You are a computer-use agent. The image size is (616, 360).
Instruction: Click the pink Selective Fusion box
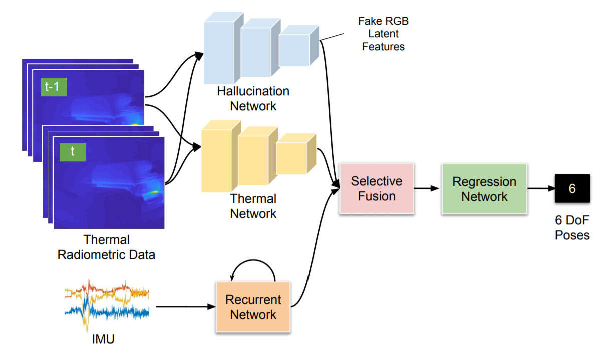coord(376,188)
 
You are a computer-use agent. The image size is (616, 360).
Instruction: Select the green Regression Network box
coord(484,188)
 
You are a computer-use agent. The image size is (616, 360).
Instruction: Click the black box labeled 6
coord(572,189)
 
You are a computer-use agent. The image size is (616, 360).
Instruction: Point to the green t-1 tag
coord(53,87)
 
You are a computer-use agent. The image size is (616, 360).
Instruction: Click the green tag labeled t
coord(72,152)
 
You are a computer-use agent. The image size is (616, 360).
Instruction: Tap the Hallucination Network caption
coord(253,99)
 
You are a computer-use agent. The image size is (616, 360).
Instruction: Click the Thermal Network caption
coord(253,206)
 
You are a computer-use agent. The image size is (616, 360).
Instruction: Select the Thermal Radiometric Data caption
coord(106,247)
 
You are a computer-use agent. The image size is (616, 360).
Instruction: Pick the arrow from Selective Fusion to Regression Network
coord(426,189)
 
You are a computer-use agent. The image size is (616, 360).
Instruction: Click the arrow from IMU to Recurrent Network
coord(182,307)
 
